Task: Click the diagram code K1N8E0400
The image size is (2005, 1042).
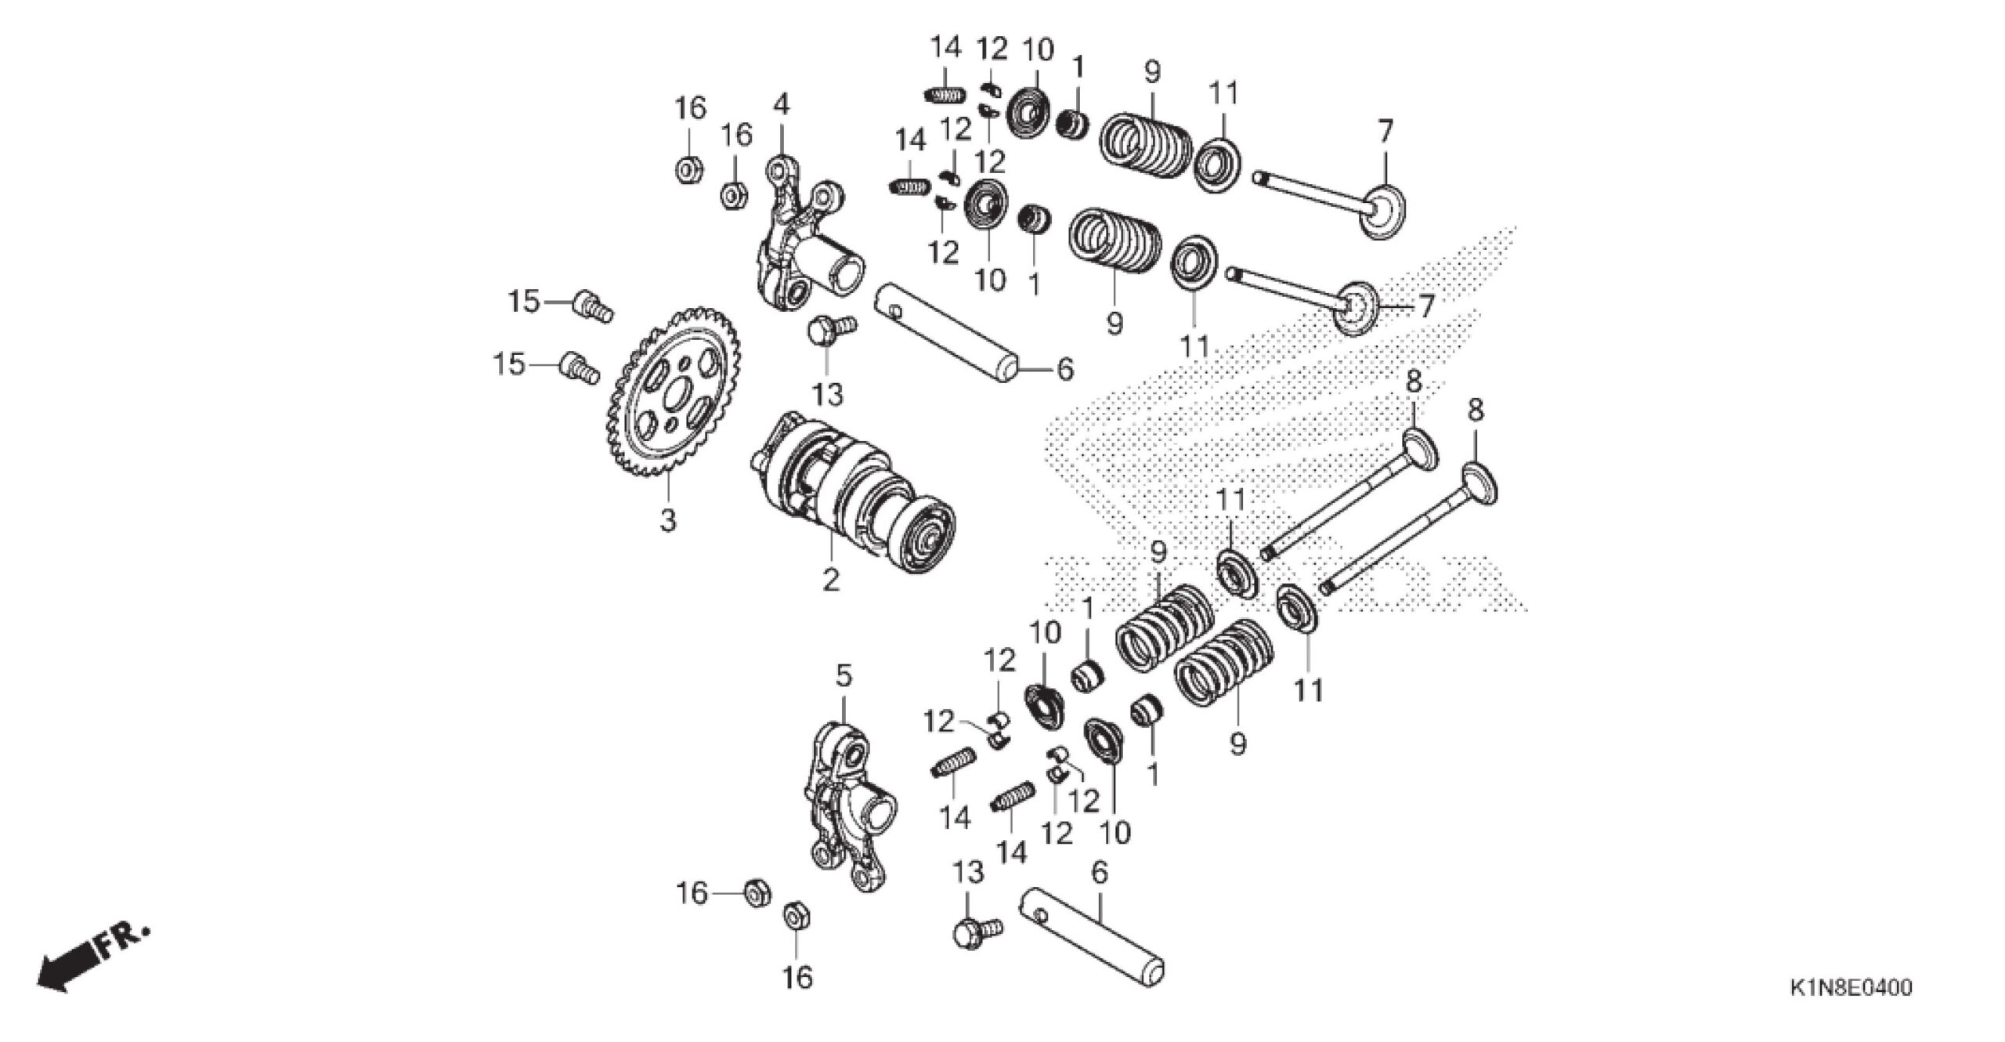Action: point(1848,987)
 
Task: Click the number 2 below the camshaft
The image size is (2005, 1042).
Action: point(830,580)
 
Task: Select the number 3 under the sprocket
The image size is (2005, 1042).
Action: point(667,519)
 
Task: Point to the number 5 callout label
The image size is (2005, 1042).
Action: point(843,675)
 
